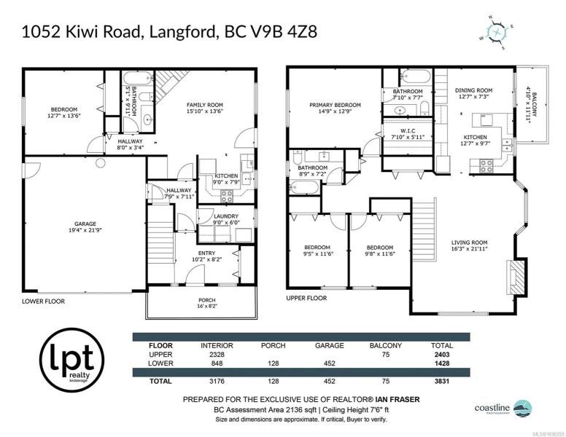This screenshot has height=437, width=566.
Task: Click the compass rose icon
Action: (x=497, y=33)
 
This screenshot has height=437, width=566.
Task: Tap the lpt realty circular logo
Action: (x=71, y=360)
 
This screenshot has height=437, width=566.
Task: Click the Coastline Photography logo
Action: (x=503, y=409)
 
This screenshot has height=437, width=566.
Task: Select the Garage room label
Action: (x=85, y=227)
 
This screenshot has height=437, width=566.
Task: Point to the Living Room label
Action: (x=469, y=245)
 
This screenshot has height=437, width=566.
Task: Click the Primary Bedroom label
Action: (x=335, y=109)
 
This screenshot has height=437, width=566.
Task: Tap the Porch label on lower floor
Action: (x=207, y=303)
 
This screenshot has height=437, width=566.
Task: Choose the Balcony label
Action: (x=531, y=105)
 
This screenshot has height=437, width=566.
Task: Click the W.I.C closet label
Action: (x=408, y=134)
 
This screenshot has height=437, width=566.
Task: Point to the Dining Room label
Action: (x=473, y=93)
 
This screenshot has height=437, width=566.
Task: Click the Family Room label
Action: (x=205, y=108)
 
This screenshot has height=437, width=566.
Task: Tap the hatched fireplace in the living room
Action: (x=516, y=277)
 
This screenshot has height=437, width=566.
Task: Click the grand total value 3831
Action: (x=442, y=381)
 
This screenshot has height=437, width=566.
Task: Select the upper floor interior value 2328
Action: (x=217, y=355)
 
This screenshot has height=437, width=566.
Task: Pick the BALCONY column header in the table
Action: (x=386, y=345)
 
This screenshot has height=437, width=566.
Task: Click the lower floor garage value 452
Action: (x=329, y=363)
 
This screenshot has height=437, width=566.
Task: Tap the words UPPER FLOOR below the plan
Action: (x=306, y=298)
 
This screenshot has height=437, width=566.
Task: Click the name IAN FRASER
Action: (x=398, y=400)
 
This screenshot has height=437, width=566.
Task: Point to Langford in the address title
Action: (x=182, y=32)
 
